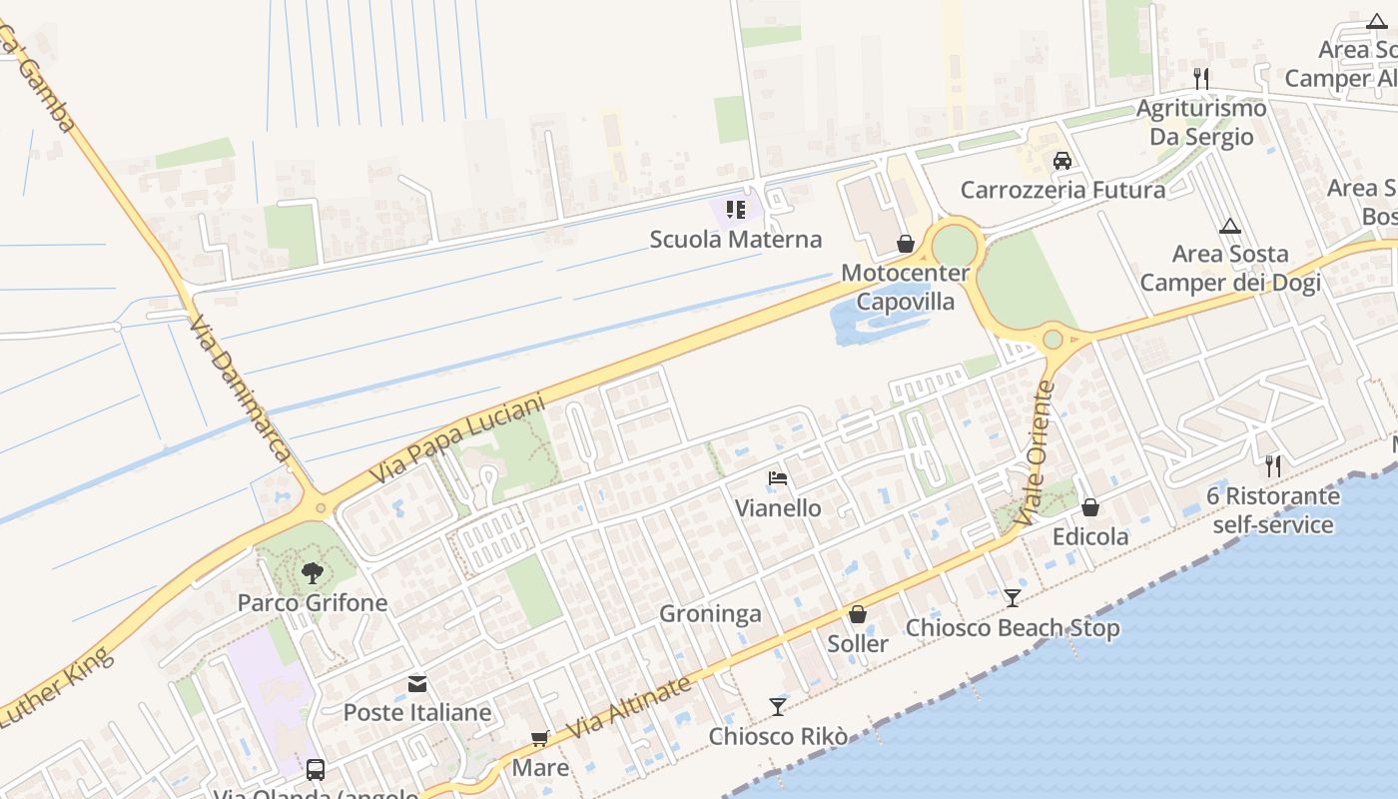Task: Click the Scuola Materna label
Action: (x=736, y=240)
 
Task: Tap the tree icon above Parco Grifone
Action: (x=312, y=573)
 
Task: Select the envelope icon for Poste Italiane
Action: (x=417, y=684)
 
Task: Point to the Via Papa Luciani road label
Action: (x=457, y=439)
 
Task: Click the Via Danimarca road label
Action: (x=239, y=390)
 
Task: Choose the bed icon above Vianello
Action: (x=778, y=478)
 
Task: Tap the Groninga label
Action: (x=710, y=614)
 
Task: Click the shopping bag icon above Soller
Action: (x=857, y=614)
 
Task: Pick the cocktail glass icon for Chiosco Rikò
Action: (x=778, y=707)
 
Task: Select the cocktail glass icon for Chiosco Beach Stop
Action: (x=1013, y=598)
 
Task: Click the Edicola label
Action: (x=1090, y=537)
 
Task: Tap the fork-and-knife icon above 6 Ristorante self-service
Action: (x=1272, y=465)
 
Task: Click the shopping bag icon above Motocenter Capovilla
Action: (x=905, y=244)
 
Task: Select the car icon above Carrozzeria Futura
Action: (x=1062, y=161)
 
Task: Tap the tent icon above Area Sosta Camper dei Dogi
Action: (x=1229, y=226)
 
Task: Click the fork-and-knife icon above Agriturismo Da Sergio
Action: (x=1201, y=78)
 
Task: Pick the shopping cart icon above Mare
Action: (x=540, y=739)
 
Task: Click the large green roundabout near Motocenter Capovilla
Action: (x=954, y=246)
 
